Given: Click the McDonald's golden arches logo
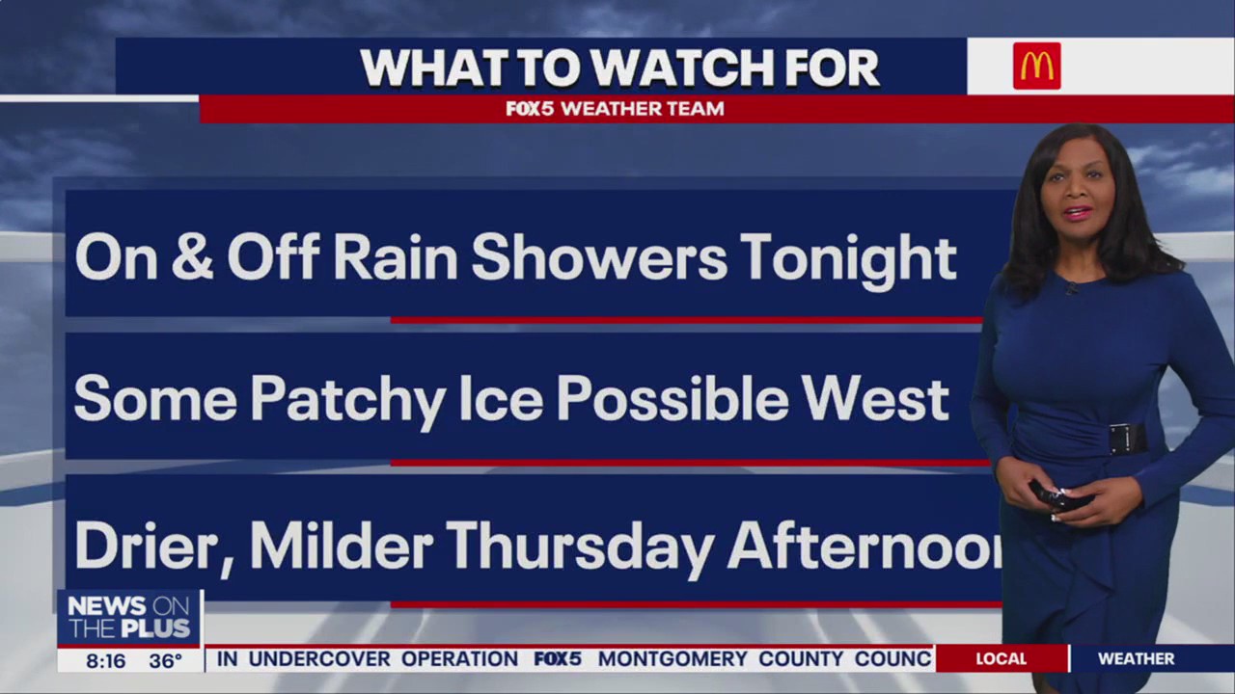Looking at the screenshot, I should tap(1036, 67).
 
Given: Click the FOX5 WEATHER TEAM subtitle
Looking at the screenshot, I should tap(615, 109).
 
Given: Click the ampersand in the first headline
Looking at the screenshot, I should tap(191, 257).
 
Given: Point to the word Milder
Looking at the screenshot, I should tap(341, 546).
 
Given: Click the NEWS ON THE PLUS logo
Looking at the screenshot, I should tap(129, 618).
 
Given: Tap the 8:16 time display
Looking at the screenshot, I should tap(105, 661).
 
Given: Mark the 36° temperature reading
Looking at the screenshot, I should tap(165, 661).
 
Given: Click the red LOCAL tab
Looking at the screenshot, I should tap(1001, 659).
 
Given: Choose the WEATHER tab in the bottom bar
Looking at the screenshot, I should tap(1136, 659).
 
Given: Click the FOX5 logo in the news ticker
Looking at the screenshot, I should tap(558, 659).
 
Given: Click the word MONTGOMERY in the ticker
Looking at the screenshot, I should tap(672, 659).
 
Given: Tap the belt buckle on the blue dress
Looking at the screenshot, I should tap(1126, 439).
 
